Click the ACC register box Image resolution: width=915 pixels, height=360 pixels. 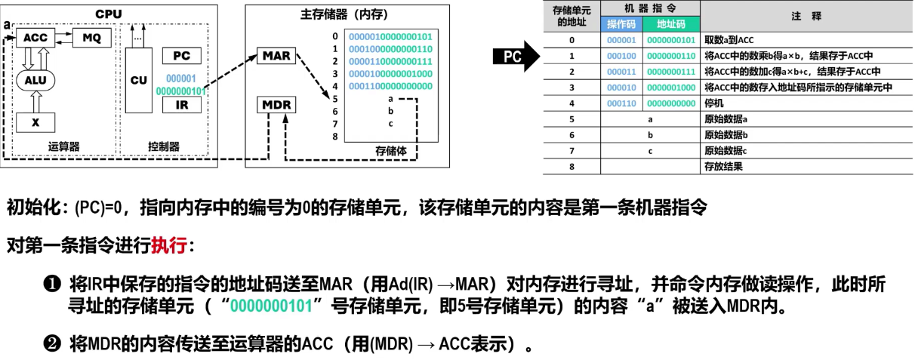pos(35,38)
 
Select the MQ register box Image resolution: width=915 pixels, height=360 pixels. pos(90,37)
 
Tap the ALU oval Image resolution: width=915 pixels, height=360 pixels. pos(35,82)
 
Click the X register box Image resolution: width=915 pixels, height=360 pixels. pos(35,121)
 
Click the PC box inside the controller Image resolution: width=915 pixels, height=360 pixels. pos(181,56)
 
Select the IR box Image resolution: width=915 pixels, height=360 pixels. pos(181,105)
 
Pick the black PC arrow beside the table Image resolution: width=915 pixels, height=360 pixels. pos(516,57)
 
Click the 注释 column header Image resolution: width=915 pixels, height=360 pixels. pos(806,16)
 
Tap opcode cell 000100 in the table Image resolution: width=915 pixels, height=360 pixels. pos(621,56)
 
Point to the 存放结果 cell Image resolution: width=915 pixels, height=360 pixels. pos(722,166)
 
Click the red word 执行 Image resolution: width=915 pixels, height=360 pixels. pos(169,245)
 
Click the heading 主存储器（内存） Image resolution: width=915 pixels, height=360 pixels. pos(330,14)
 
